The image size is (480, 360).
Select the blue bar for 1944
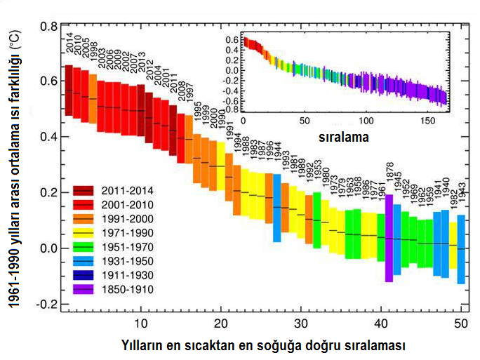pyautogui.click(x=277, y=208)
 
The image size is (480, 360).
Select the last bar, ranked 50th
pyautogui.click(x=461, y=249)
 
